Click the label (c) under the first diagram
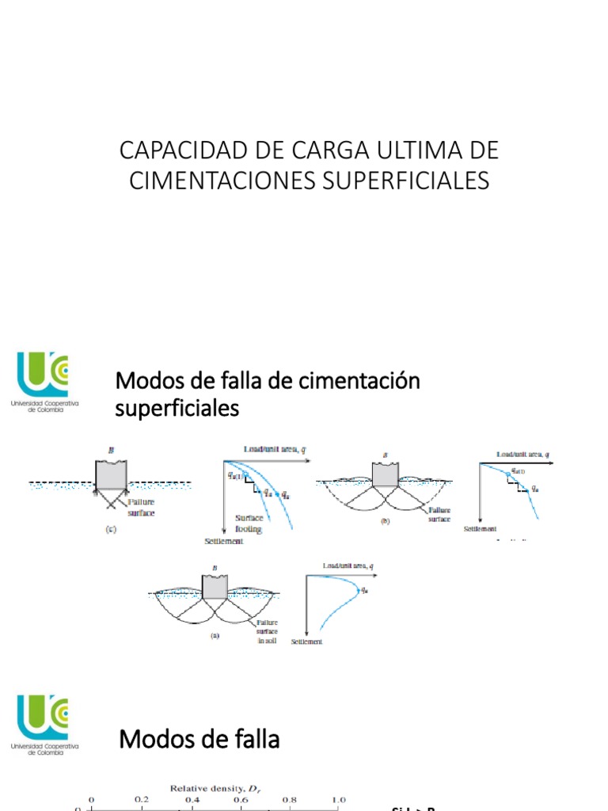[x=110, y=529]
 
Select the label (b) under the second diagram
[x=386, y=521]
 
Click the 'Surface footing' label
[x=248, y=524]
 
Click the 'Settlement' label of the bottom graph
[x=307, y=642]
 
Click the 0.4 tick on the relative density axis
[x=192, y=801]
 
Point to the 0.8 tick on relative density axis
[x=291, y=801]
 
